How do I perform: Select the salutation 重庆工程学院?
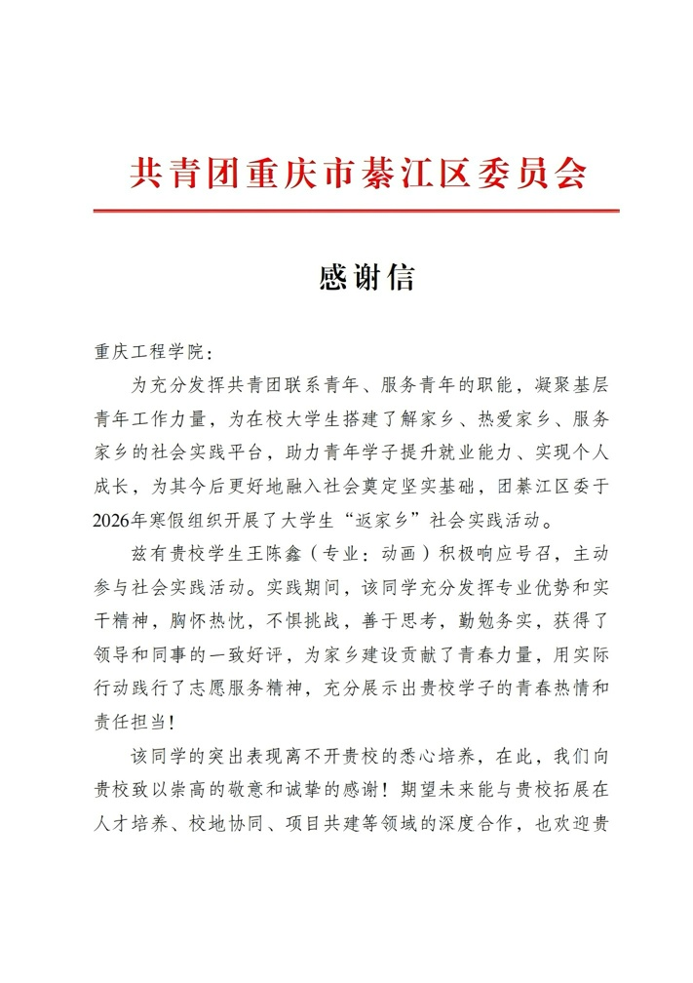[145, 352]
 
